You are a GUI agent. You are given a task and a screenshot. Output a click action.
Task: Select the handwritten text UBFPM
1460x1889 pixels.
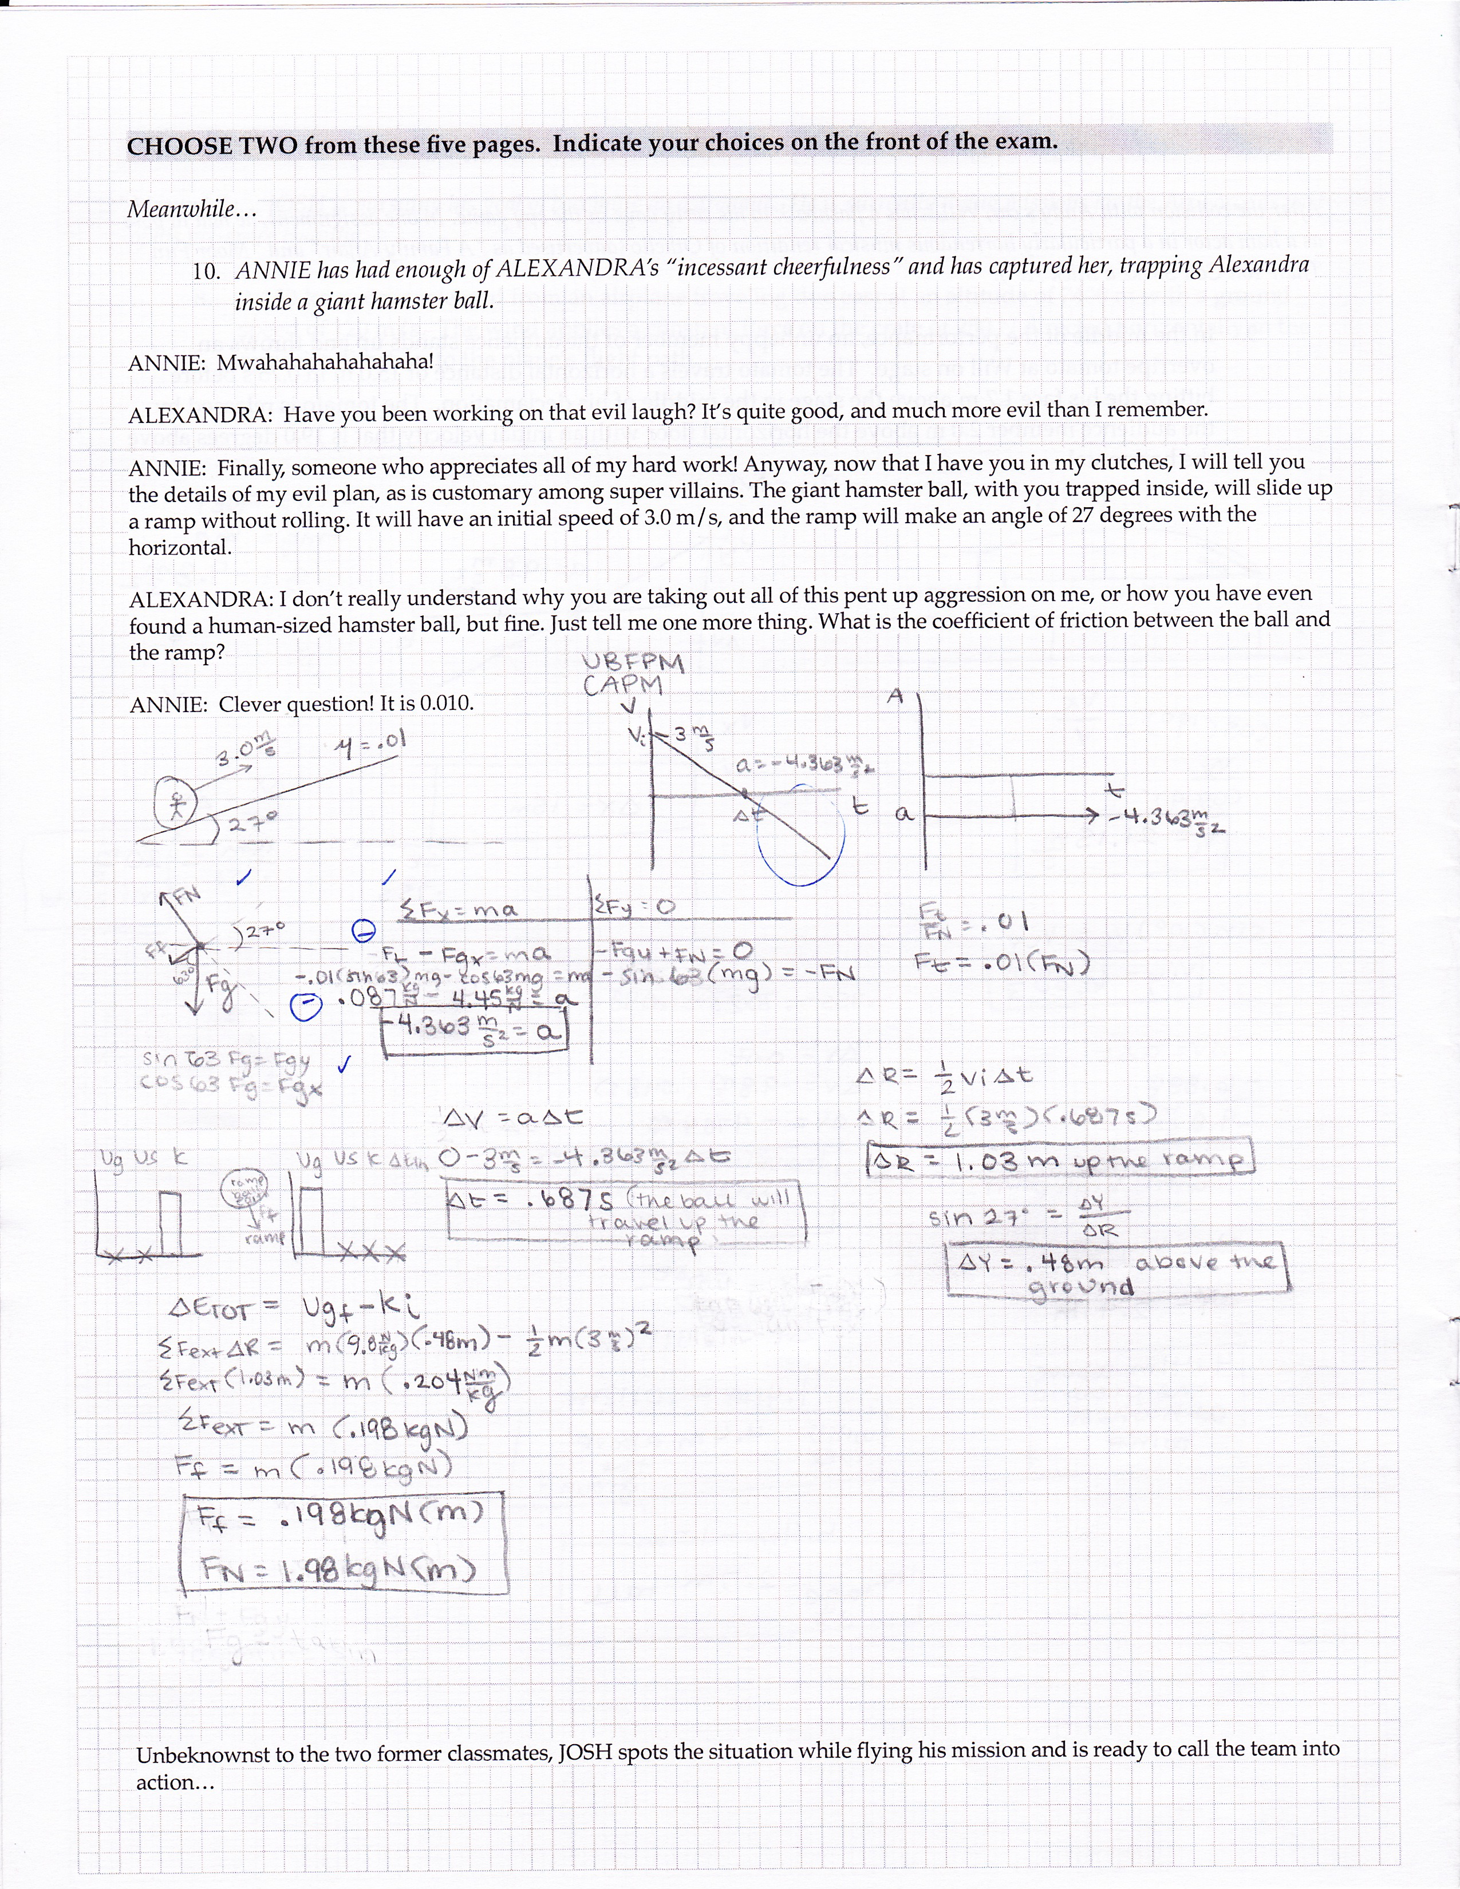(x=634, y=663)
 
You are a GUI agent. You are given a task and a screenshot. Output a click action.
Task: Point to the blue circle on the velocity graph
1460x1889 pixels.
(x=801, y=836)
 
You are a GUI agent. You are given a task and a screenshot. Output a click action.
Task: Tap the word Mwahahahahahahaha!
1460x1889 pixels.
(x=324, y=362)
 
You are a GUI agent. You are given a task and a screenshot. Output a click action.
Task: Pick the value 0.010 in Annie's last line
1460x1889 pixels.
(x=447, y=703)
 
